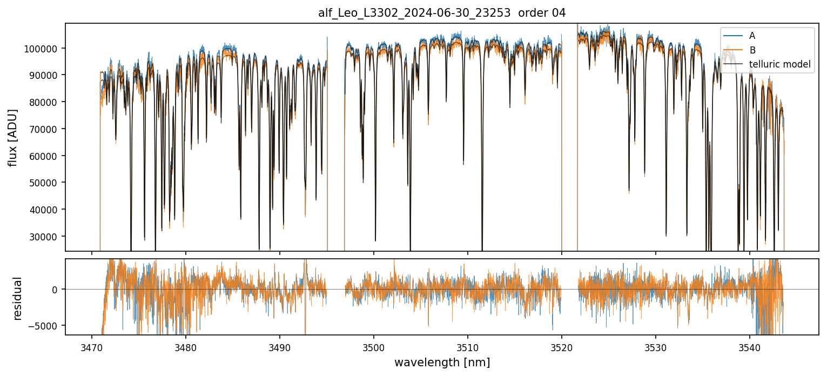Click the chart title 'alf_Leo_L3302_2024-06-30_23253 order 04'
coord(442,13)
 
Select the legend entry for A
coord(752,36)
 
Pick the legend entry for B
coord(752,51)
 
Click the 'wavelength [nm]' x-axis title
coord(442,362)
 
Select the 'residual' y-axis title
coord(18,298)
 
